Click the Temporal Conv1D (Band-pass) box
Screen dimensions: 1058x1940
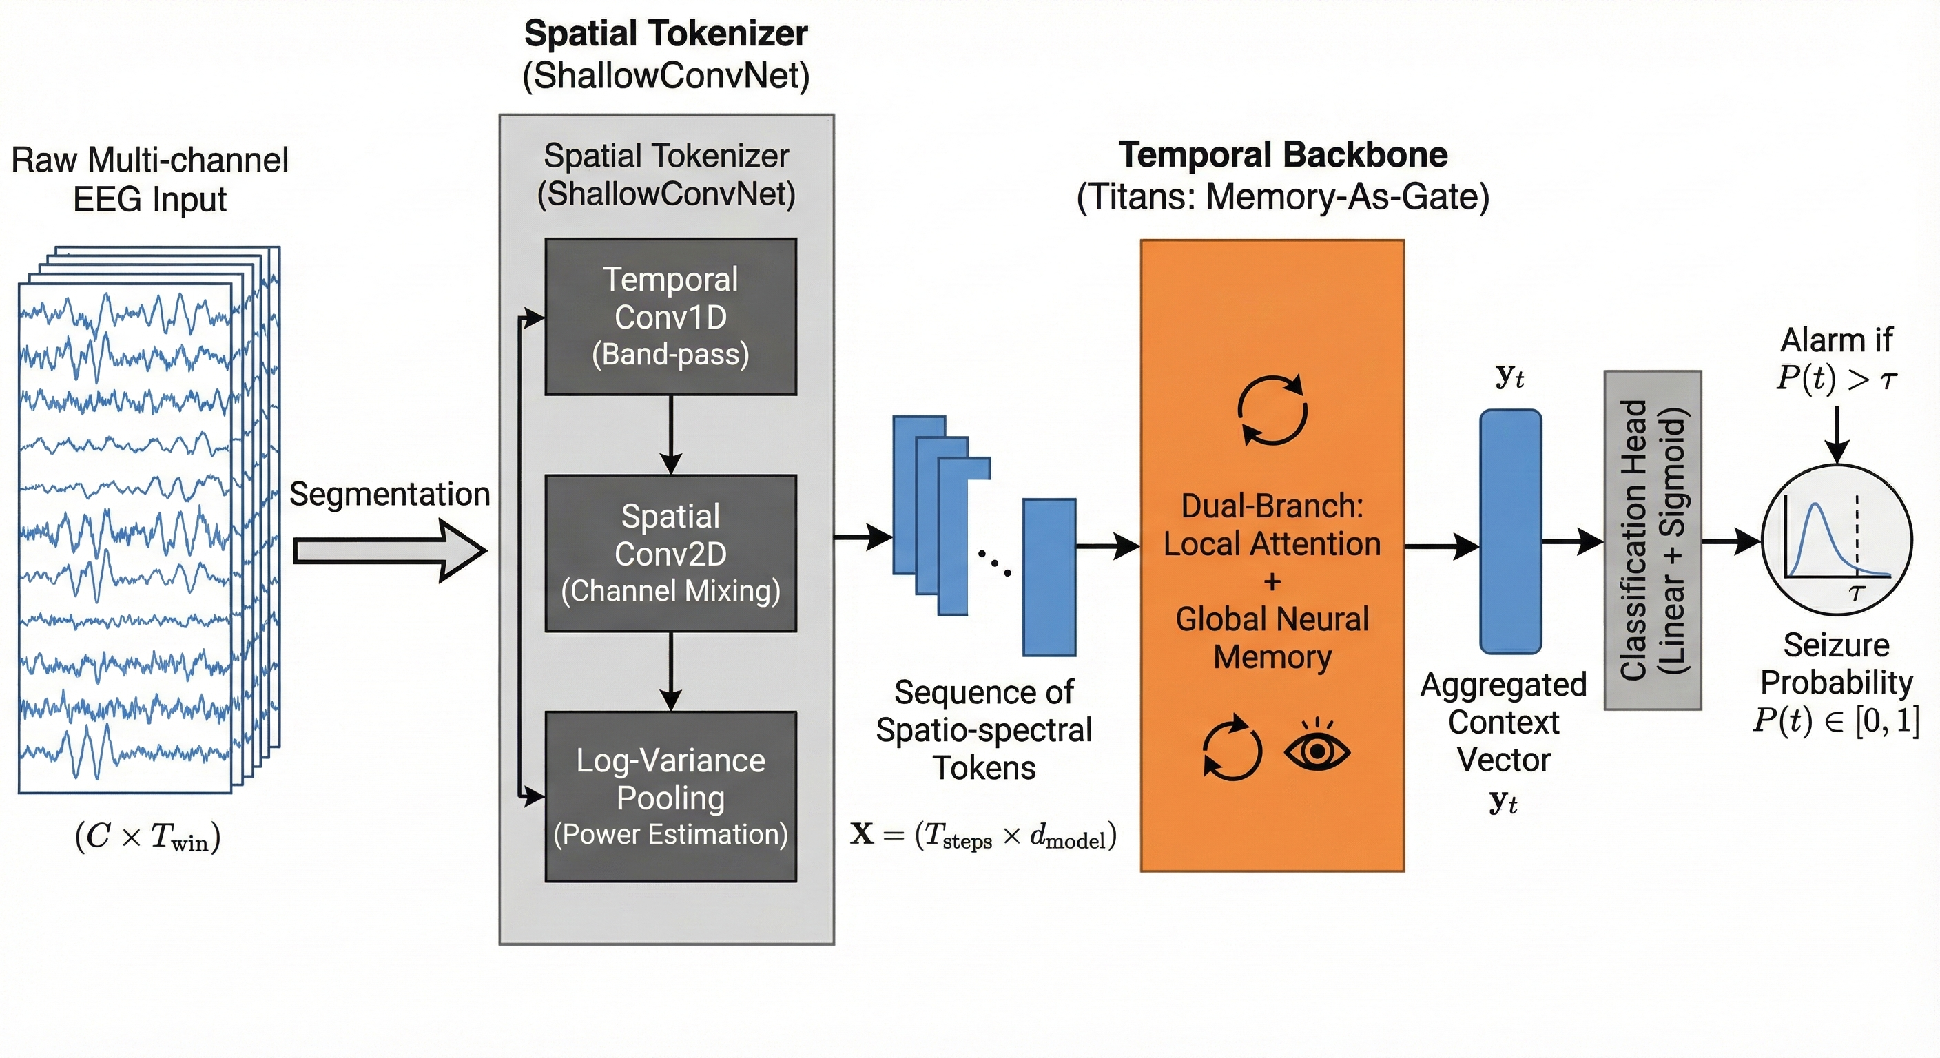(670, 317)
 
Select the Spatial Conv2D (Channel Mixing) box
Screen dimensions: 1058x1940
(670, 554)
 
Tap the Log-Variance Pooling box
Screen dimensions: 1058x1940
(670, 797)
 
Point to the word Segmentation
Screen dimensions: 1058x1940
(389, 495)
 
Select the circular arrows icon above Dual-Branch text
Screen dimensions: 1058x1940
(1272, 411)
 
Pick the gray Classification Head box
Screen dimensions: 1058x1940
(1652, 540)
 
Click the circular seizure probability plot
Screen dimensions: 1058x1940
(1836, 541)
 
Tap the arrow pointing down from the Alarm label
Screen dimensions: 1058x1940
(1837, 435)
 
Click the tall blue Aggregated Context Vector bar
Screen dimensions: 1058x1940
(1510, 532)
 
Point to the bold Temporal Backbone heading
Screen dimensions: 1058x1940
(1283, 155)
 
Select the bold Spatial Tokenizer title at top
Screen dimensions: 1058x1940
(665, 34)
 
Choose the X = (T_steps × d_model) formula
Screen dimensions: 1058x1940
(983, 835)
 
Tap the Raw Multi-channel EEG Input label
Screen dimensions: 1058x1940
(150, 179)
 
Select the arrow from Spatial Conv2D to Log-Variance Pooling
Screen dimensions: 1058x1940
(670, 672)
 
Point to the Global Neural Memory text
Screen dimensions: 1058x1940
(1272, 638)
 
